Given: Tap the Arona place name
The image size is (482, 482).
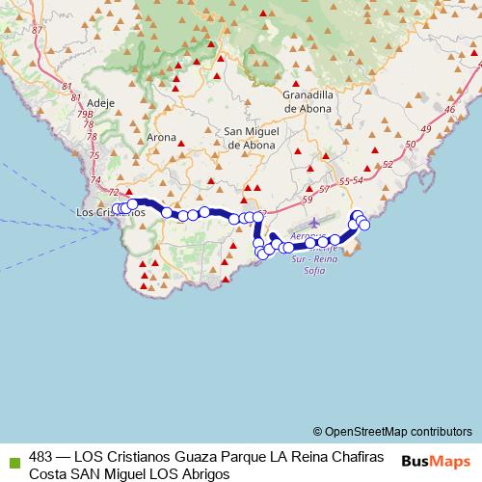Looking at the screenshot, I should coord(161,137).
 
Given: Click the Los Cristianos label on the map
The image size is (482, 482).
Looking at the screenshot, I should coord(109,213).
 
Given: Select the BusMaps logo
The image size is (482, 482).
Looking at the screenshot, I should coord(436,461).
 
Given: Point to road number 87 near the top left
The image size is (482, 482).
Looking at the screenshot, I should coord(38,30).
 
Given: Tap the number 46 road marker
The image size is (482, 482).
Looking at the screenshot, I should coord(450,110).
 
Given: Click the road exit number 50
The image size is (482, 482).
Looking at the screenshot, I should coord(412,145).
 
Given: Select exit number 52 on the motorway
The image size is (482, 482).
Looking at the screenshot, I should coord(388,165).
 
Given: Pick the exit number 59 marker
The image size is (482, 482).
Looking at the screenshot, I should coord(308,199).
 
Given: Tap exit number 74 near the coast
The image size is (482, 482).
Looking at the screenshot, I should coord(95,179).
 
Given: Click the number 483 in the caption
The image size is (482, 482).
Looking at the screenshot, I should coord(41,455).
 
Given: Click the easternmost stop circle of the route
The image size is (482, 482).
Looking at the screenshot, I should coord(364,225).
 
